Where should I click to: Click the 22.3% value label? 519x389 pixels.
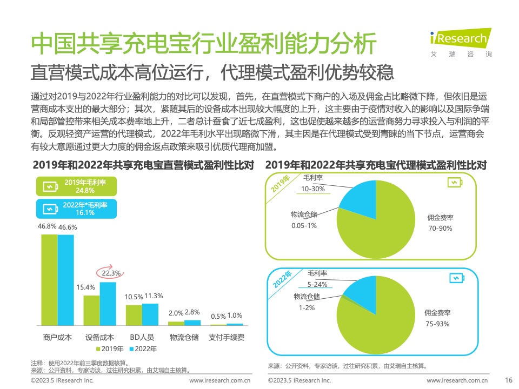(110, 273)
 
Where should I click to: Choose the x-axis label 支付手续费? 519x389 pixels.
(227, 337)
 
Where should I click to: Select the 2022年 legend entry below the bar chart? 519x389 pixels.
(143, 348)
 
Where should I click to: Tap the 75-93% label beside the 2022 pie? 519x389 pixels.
(438, 324)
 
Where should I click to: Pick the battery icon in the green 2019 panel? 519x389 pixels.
(455, 183)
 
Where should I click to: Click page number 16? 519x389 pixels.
(508, 380)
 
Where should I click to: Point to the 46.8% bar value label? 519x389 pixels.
(47, 226)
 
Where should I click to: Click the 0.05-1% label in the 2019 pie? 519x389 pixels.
(304, 225)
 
